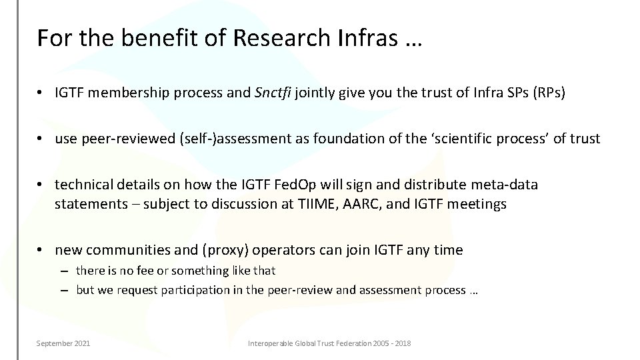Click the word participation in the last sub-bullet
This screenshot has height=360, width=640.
[x=170, y=291]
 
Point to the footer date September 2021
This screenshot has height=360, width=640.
[x=63, y=343]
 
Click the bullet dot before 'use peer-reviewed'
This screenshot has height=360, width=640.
[x=41, y=139]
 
